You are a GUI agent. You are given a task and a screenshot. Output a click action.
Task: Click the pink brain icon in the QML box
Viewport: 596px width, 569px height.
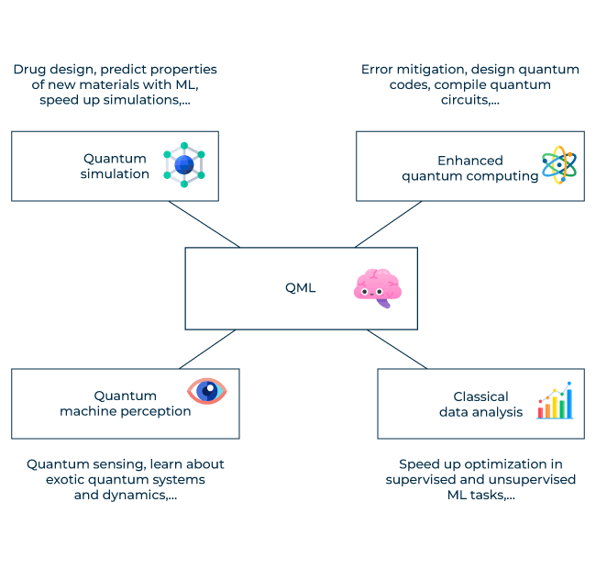pyautogui.click(x=377, y=287)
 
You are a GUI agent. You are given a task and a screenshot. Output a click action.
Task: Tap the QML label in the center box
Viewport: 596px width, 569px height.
pyautogui.click(x=300, y=288)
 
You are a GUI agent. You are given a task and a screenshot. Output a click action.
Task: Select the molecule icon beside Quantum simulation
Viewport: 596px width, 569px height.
pyautogui.click(x=184, y=165)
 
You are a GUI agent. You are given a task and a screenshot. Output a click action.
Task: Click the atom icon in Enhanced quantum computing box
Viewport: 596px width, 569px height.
pyautogui.click(x=558, y=165)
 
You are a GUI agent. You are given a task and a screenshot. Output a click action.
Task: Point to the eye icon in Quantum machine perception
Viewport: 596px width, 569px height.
pyautogui.click(x=207, y=391)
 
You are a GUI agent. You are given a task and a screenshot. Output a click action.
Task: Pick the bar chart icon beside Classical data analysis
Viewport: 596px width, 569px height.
pyautogui.click(x=556, y=402)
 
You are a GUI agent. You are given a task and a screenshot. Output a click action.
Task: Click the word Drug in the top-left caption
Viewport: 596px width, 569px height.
pyautogui.click(x=29, y=70)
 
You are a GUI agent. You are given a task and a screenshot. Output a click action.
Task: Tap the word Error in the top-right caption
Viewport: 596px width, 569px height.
pyautogui.click(x=379, y=70)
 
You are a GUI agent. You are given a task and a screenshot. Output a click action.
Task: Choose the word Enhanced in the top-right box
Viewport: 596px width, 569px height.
pyautogui.click(x=469, y=160)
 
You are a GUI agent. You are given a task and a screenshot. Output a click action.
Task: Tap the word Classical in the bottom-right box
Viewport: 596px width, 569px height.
pyautogui.click(x=480, y=396)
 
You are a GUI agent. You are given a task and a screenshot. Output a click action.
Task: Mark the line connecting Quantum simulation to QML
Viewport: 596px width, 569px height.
pyautogui.click(x=203, y=224)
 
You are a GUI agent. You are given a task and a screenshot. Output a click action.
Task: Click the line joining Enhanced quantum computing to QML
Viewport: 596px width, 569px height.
pyautogui.click(x=390, y=224)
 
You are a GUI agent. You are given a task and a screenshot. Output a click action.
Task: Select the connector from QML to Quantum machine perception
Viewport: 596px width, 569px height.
pyautogui.click(x=204, y=349)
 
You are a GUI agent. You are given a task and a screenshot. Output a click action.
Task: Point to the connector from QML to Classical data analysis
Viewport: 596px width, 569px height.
pyautogui.click(x=397, y=349)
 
